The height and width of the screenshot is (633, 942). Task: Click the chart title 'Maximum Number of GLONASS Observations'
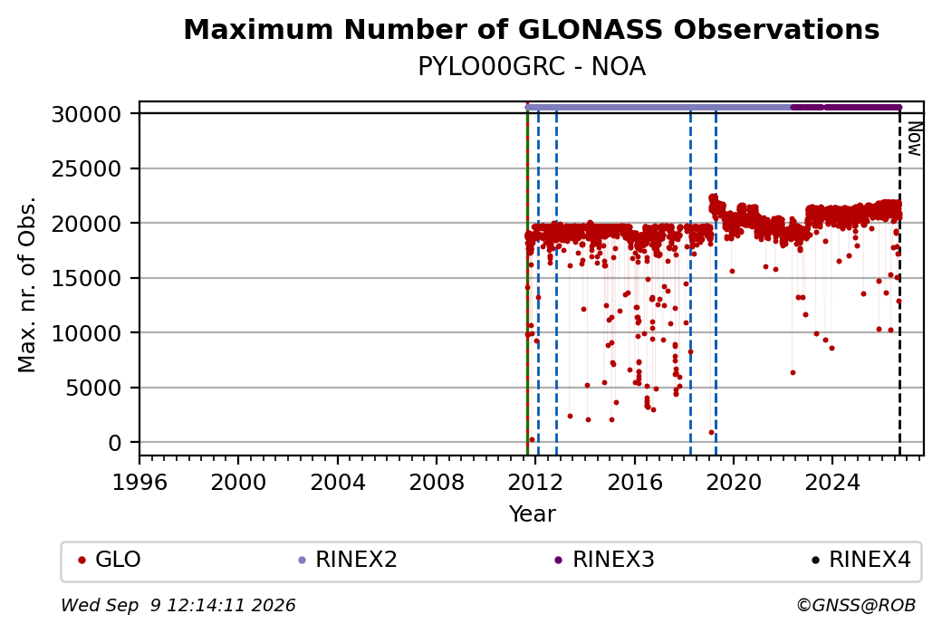[531, 29]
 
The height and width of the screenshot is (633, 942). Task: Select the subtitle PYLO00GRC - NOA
[531, 67]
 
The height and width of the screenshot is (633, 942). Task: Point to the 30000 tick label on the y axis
[87, 114]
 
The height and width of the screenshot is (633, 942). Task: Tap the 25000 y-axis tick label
[87, 168]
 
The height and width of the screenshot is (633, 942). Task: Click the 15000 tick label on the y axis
[87, 279]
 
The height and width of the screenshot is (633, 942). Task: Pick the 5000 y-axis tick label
[93, 388]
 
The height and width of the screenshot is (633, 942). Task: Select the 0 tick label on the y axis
[115, 443]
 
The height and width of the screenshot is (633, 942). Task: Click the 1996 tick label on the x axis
[139, 482]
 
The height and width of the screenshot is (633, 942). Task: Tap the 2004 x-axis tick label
[338, 482]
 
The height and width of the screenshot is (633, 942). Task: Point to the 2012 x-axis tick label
[535, 482]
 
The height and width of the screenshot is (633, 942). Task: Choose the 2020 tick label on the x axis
[734, 482]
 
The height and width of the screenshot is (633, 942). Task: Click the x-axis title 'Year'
[532, 514]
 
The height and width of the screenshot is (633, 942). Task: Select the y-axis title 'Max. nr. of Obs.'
[27, 284]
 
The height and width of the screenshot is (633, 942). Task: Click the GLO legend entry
[110, 560]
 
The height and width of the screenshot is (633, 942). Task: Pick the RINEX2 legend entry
[348, 560]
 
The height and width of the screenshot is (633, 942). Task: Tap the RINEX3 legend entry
[604, 560]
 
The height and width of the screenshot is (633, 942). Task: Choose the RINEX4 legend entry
[860, 560]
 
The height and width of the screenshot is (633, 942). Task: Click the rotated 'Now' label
[914, 139]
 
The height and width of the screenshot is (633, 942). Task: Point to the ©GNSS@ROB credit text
[856, 605]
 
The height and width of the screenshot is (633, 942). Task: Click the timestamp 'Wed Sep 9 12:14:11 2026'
[178, 605]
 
